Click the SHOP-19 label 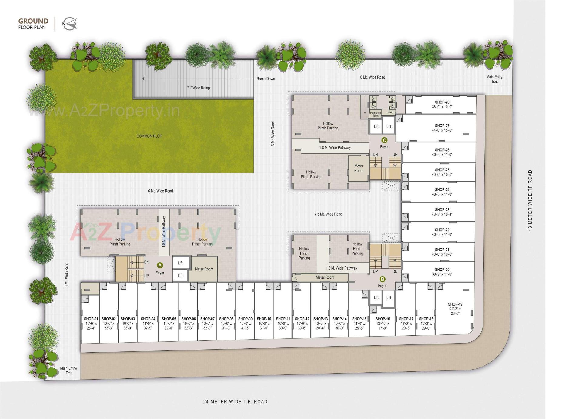[455, 304]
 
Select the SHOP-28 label [442, 102]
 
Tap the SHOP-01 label [91, 319]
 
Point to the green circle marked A [160, 266]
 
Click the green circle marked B [383, 279]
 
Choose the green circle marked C [384, 140]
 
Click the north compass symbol [70, 24]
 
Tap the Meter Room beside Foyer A [204, 269]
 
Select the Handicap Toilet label [376, 114]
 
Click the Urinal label [389, 112]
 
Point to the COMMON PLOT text [149, 136]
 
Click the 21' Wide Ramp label [198, 88]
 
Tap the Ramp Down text [266, 79]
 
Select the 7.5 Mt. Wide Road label [328, 214]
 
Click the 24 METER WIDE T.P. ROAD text [235, 402]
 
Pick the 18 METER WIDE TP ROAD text [530, 200]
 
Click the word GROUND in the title [33, 21]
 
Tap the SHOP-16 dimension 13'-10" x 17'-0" [383, 326]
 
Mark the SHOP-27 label [442, 126]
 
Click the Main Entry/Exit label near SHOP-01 [69, 370]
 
